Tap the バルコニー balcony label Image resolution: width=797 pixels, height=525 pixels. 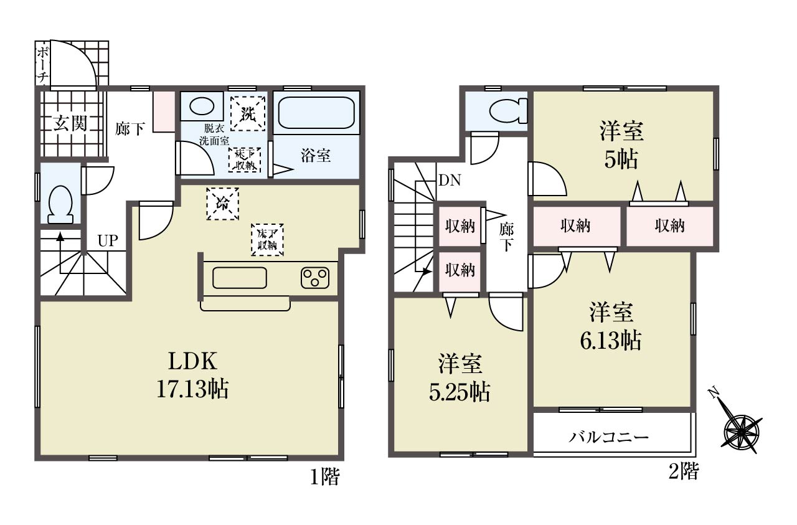click(x=608, y=437)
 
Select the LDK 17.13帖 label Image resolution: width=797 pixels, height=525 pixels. click(x=192, y=375)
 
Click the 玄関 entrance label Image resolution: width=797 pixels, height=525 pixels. click(x=70, y=124)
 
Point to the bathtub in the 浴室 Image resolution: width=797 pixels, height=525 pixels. click(x=316, y=113)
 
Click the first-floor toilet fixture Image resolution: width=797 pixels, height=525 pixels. click(x=60, y=205)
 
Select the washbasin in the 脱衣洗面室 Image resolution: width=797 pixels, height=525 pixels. click(x=202, y=106)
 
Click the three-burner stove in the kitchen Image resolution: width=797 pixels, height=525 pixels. click(x=315, y=278)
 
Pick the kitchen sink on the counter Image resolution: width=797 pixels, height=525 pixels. click(x=240, y=278)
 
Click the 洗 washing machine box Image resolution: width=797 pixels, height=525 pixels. click(x=248, y=113)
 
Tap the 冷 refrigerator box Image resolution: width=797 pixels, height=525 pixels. click(x=222, y=204)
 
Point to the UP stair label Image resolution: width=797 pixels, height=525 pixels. click(x=108, y=241)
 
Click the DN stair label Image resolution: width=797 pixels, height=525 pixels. click(x=450, y=180)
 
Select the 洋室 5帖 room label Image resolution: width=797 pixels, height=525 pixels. click(x=621, y=145)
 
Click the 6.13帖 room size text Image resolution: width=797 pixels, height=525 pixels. click(x=611, y=341)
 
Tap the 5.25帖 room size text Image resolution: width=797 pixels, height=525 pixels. click(x=460, y=392)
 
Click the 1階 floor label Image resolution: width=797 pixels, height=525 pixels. click(x=325, y=476)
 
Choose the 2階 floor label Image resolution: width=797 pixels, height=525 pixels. click(x=684, y=471)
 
